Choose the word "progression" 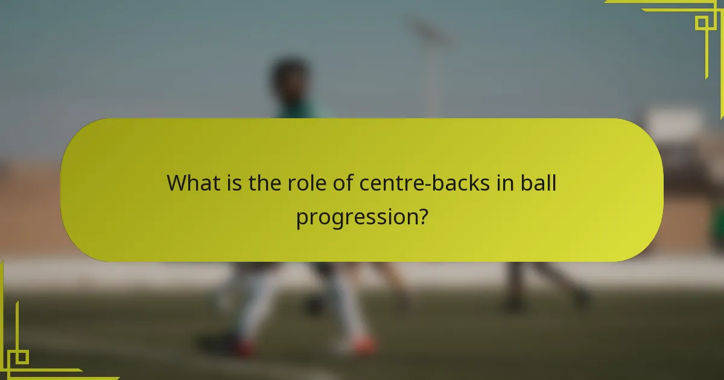pos(355,217)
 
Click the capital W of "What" pos(177,183)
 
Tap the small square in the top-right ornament pos(702,23)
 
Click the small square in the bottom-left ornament pos(22,356)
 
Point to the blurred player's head pos(290,78)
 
